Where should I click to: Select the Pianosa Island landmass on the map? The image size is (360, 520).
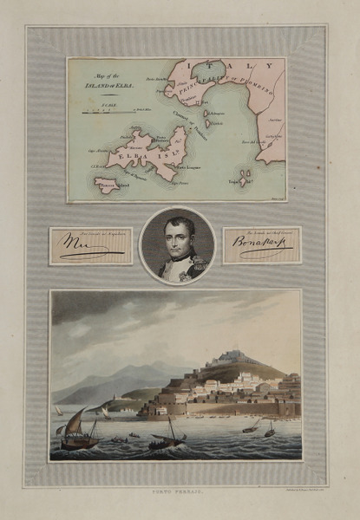(x=108, y=185)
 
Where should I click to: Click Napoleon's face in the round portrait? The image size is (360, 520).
(x=178, y=237)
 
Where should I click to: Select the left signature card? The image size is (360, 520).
(x=90, y=246)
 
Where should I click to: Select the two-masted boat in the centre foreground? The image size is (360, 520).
(x=167, y=438)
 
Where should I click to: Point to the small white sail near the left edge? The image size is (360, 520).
(x=58, y=410)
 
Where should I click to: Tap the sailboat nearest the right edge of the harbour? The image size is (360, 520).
(x=269, y=429)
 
